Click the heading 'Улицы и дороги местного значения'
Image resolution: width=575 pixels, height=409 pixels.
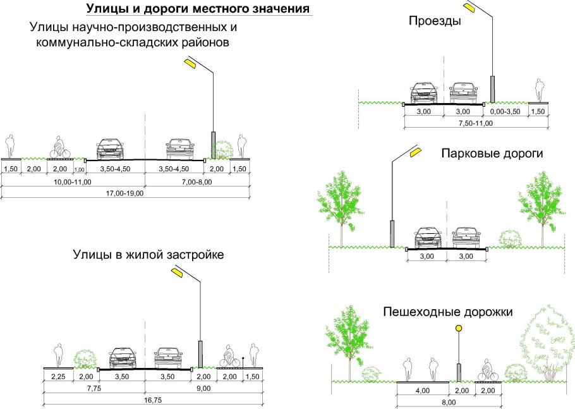click(197, 9)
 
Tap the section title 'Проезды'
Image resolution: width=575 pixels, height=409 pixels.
click(435, 21)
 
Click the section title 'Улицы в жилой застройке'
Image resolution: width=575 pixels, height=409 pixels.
click(148, 255)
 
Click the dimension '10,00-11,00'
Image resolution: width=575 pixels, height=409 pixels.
click(73, 181)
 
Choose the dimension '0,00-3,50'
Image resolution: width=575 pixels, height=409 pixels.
click(505, 111)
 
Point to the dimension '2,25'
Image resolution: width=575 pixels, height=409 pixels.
click(57, 377)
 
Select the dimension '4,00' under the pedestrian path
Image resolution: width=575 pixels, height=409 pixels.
click(422, 390)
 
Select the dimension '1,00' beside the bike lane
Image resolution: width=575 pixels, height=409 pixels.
click(79, 169)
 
